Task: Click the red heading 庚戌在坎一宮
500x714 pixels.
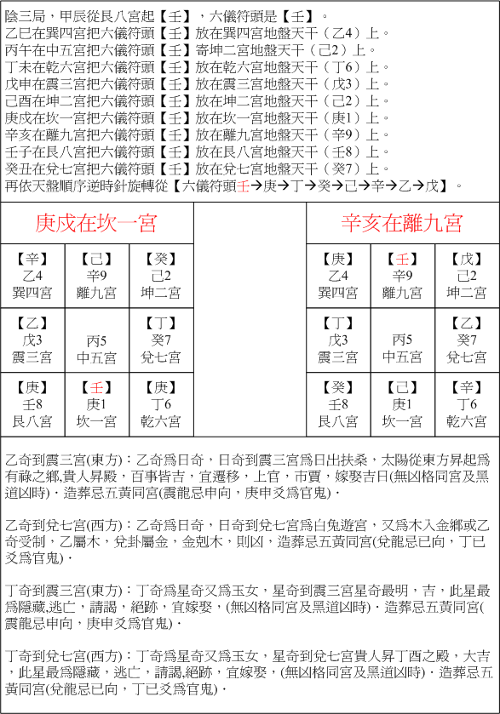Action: click(x=96, y=223)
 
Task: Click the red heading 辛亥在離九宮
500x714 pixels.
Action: click(x=402, y=223)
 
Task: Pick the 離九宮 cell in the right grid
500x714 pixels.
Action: click(x=402, y=277)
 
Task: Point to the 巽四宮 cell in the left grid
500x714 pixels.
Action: click(x=33, y=277)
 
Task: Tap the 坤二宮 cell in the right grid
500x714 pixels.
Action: click(x=467, y=277)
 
